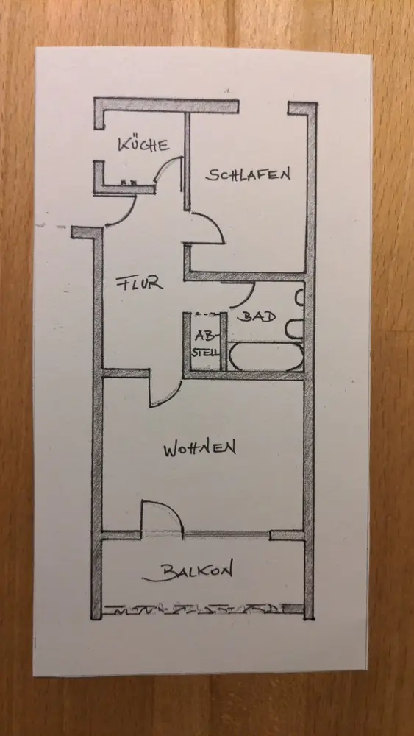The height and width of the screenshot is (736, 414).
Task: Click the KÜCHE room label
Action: pyautogui.click(x=143, y=144)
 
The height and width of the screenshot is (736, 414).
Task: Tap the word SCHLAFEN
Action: pyautogui.click(x=248, y=174)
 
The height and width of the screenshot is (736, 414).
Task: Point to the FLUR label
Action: pyautogui.click(x=139, y=283)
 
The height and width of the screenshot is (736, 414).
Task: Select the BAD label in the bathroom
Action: pyautogui.click(x=256, y=316)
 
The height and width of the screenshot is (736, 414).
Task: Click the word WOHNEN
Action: pyautogui.click(x=199, y=449)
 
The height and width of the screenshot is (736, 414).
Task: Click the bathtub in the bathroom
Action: pyautogui.click(x=265, y=357)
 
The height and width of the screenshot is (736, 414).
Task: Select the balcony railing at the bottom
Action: pyautogui.click(x=202, y=609)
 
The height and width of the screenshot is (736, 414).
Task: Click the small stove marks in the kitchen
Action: pyautogui.click(x=129, y=182)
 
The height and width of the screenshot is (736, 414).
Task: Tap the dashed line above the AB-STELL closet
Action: pyautogui.click(x=205, y=314)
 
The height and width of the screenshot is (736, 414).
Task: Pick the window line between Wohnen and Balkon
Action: pyautogui.click(x=226, y=534)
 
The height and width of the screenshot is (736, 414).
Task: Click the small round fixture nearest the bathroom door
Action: pyautogui.click(x=299, y=297)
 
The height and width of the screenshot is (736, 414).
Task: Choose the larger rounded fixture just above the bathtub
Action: pyautogui.click(x=294, y=328)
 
